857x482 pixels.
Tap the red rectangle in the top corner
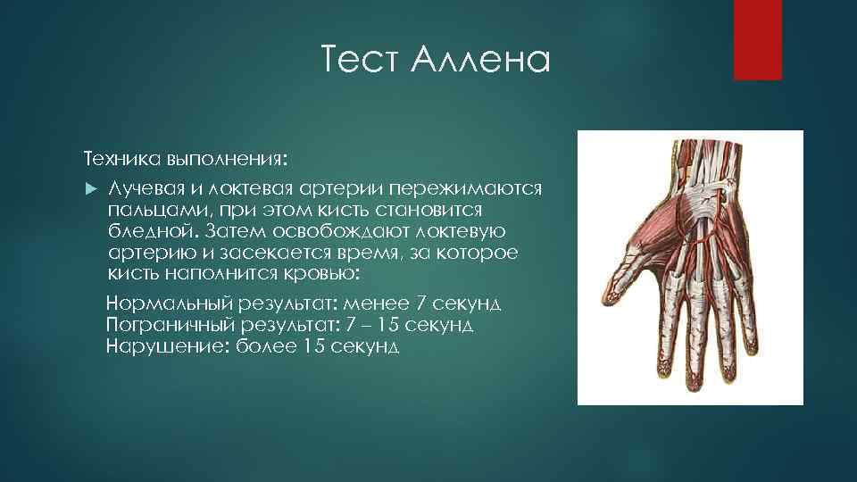(757, 39)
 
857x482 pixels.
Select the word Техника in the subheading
(121, 160)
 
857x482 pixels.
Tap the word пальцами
(150, 211)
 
